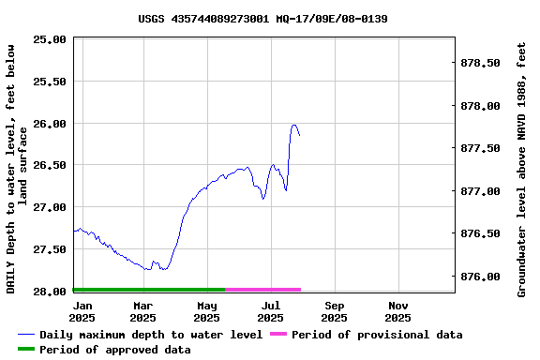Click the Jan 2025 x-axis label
pos(82,311)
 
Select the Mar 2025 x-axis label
pos(142,311)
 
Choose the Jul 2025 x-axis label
pos(270,311)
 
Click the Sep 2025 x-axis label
pos(335,311)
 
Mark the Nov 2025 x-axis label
pos(398,311)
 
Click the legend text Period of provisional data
pos(376,335)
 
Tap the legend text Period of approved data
pos(114,350)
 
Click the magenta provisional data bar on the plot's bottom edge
pos(262,290)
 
